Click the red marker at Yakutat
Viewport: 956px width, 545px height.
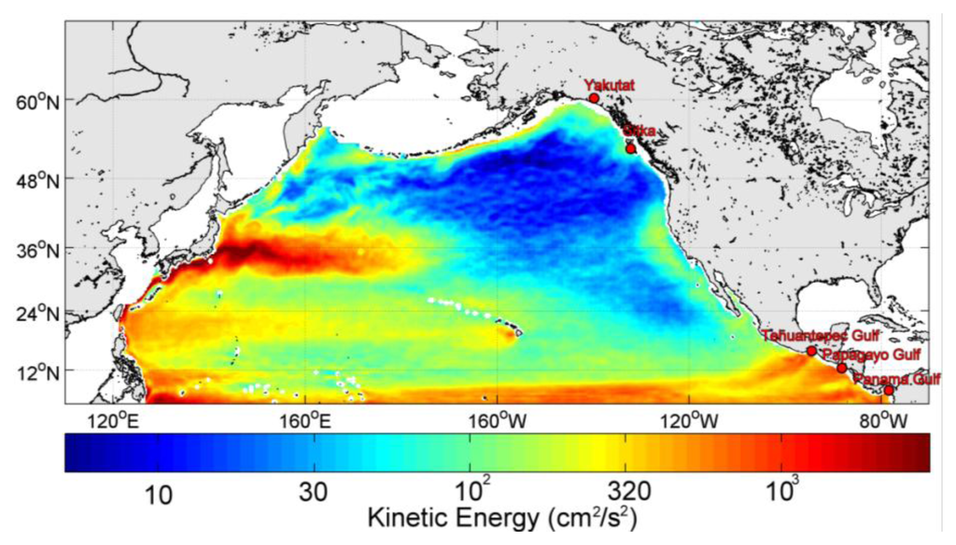point(594,97)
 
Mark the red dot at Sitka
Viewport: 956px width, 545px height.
point(631,148)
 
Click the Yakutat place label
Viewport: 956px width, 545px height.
point(609,85)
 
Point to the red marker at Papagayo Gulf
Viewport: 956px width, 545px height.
point(842,368)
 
